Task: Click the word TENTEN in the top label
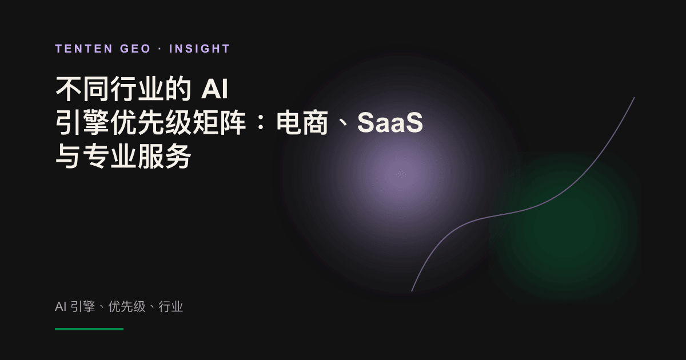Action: (x=84, y=49)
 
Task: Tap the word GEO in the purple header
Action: (x=135, y=49)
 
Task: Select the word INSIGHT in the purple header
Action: (x=200, y=49)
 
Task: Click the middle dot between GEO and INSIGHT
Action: (x=160, y=49)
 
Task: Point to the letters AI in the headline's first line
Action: (x=215, y=89)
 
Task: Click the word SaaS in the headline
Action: (x=390, y=122)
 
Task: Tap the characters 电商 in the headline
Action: (x=302, y=122)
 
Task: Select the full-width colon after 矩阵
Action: (x=261, y=123)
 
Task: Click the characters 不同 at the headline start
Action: (x=82, y=89)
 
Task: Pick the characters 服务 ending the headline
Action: (x=165, y=156)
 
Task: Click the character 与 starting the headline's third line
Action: (x=68, y=156)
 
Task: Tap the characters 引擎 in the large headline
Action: (x=82, y=122)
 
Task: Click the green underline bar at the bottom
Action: (x=89, y=329)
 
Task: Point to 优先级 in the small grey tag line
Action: (x=127, y=306)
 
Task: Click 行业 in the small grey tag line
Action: (x=170, y=306)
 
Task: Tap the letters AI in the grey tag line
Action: (x=61, y=306)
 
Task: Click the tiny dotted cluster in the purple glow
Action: (x=401, y=174)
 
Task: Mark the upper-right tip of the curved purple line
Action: (x=634, y=98)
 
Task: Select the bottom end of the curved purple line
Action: (x=412, y=291)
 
